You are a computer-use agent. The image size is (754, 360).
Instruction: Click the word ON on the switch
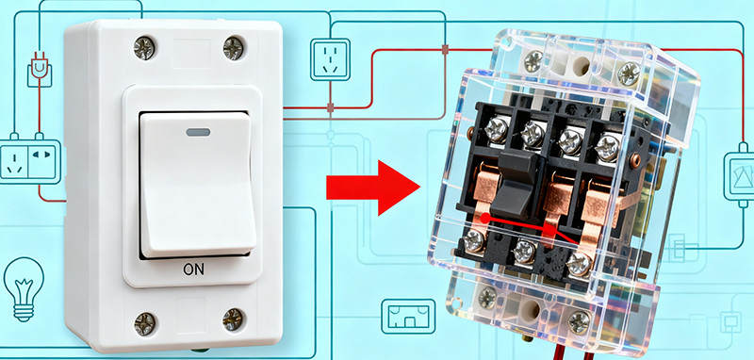tap(193, 270)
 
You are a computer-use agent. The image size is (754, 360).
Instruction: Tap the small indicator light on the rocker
tap(199, 133)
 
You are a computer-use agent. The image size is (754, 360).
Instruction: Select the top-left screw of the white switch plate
tap(146, 45)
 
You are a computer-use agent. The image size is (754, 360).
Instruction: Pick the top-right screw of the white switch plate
tap(232, 45)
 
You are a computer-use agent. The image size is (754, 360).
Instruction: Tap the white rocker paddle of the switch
tap(195, 184)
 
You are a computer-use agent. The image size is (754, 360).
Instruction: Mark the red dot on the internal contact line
tap(484, 217)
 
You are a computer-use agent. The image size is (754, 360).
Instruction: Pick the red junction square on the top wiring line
tap(444, 48)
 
